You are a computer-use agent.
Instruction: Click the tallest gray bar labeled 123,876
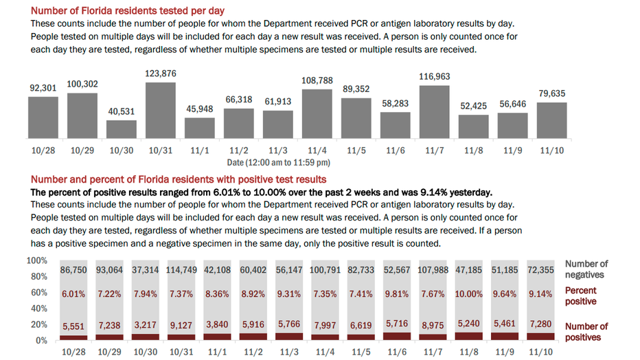161,111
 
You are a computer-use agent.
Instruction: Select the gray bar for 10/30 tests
122,130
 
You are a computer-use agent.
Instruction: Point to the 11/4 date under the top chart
317,150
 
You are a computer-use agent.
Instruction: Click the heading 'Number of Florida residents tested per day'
128,11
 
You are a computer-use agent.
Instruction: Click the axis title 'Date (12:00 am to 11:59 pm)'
279,163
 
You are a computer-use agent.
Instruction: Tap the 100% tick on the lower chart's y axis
37,261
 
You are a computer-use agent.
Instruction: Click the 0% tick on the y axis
41,340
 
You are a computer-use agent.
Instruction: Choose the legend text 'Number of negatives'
586,269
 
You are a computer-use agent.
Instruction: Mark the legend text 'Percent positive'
581,296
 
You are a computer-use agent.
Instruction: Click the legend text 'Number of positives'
586,332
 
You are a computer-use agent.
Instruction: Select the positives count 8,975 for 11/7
435,326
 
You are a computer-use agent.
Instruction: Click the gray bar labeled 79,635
552,120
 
